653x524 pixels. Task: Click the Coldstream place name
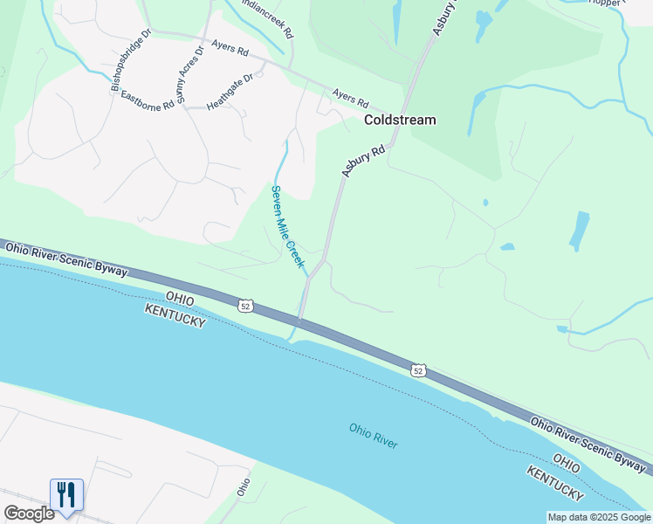pyautogui.click(x=399, y=120)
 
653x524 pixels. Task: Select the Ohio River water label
pyautogui.click(x=373, y=436)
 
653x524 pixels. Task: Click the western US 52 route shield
pyautogui.click(x=246, y=306)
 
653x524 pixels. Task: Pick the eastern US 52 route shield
pyautogui.click(x=419, y=371)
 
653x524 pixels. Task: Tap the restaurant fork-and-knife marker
pyautogui.click(x=66, y=494)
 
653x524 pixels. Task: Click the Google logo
pyautogui.click(x=29, y=514)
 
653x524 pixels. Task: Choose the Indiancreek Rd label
pyautogui.click(x=267, y=17)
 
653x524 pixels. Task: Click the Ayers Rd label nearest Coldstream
pyautogui.click(x=351, y=96)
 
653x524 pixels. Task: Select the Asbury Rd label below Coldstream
pyautogui.click(x=364, y=162)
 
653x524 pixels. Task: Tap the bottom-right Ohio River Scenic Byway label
pyautogui.click(x=588, y=443)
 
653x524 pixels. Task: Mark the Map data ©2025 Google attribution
pyautogui.click(x=599, y=517)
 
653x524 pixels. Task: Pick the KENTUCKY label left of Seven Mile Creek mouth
pyautogui.click(x=175, y=316)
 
